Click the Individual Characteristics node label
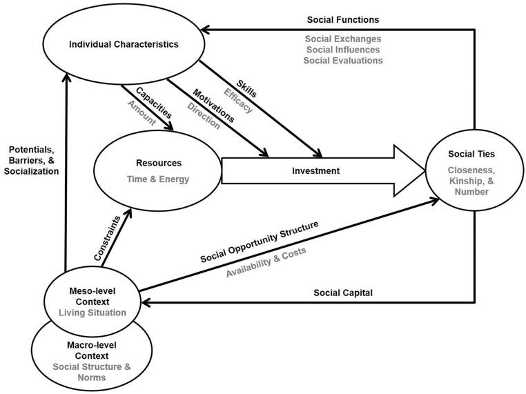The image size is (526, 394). (124, 45)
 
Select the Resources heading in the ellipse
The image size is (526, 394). (159, 163)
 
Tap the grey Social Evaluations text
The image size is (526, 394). (342, 60)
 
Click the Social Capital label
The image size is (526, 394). (342, 292)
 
